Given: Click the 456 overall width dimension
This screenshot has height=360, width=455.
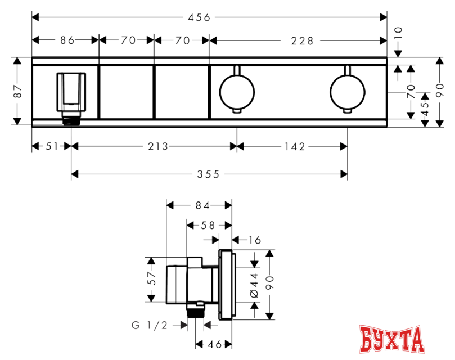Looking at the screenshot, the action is click(199, 17).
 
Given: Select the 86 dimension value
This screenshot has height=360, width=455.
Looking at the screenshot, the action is click(67, 40).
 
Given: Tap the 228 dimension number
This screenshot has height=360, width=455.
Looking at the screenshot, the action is click(303, 41).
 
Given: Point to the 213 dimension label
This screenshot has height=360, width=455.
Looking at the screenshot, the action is click(158, 146).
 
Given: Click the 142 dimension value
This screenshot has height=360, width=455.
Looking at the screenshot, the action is click(295, 147).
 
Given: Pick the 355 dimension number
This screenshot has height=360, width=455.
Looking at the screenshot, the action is click(208, 174).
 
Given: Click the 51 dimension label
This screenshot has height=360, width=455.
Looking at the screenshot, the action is click(52, 146).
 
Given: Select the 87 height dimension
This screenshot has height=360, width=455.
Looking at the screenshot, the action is click(18, 91).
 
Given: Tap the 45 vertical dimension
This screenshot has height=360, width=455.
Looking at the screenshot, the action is click(425, 109).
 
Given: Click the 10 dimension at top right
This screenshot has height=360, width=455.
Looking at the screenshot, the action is click(398, 33).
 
